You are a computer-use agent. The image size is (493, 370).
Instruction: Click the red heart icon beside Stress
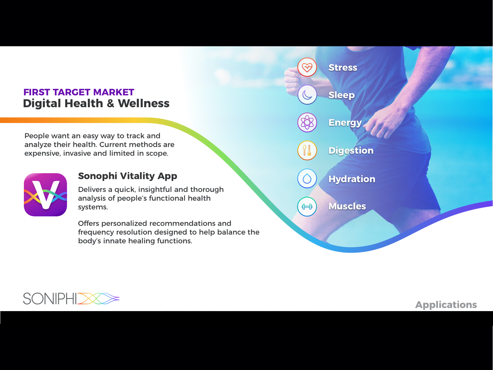[x=307, y=67]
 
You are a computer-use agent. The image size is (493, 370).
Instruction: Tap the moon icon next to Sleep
[x=307, y=95]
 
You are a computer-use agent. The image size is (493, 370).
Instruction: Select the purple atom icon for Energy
[x=307, y=122]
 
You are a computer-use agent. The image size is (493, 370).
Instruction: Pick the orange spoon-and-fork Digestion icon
[x=307, y=150]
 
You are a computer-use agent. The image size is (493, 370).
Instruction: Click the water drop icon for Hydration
[x=307, y=179]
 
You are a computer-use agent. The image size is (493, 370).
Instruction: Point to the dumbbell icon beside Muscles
[x=307, y=206]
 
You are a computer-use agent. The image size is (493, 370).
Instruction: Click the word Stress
[x=343, y=68]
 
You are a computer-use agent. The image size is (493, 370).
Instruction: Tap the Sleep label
[x=341, y=95]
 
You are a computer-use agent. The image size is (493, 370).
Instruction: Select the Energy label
[x=345, y=123]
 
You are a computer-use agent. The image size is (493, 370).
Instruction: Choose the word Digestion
[x=351, y=151]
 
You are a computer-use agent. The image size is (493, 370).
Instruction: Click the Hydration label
[x=352, y=179]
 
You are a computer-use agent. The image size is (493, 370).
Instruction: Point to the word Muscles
[x=347, y=206]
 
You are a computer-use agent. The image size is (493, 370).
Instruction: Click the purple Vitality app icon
[x=45, y=195]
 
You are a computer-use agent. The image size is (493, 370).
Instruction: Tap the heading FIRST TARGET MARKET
[x=79, y=92]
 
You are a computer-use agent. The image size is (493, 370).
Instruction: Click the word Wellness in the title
[x=144, y=103]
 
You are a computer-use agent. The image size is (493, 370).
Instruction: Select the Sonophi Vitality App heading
[x=127, y=176]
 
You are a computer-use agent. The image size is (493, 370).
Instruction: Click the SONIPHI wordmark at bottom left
[x=50, y=299]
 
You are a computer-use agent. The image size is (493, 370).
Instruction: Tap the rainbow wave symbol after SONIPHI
[x=98, y=298]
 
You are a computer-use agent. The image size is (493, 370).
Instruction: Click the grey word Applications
[x=446, y=305]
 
